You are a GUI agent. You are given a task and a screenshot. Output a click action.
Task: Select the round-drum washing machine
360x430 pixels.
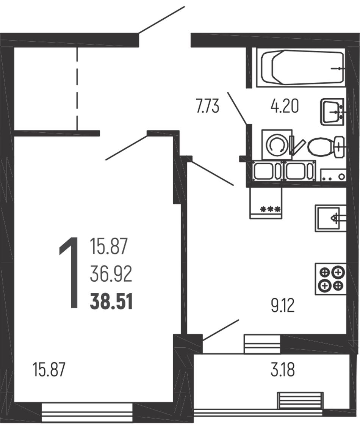277,144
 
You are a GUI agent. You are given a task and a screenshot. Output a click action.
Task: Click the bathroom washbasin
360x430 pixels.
332,112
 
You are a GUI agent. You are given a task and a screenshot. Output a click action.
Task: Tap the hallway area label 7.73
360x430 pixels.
207,107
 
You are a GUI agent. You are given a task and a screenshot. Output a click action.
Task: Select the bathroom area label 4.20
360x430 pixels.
284,107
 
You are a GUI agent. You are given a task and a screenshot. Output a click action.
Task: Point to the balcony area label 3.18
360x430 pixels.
283,370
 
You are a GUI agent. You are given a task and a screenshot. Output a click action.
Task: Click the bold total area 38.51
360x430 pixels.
111,301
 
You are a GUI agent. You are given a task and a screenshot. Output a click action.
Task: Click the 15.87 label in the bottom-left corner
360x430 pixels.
49,369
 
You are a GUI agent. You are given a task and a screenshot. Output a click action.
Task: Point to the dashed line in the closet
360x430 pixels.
77,88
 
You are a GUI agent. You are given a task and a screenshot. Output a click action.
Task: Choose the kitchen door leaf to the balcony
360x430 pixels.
221,330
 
